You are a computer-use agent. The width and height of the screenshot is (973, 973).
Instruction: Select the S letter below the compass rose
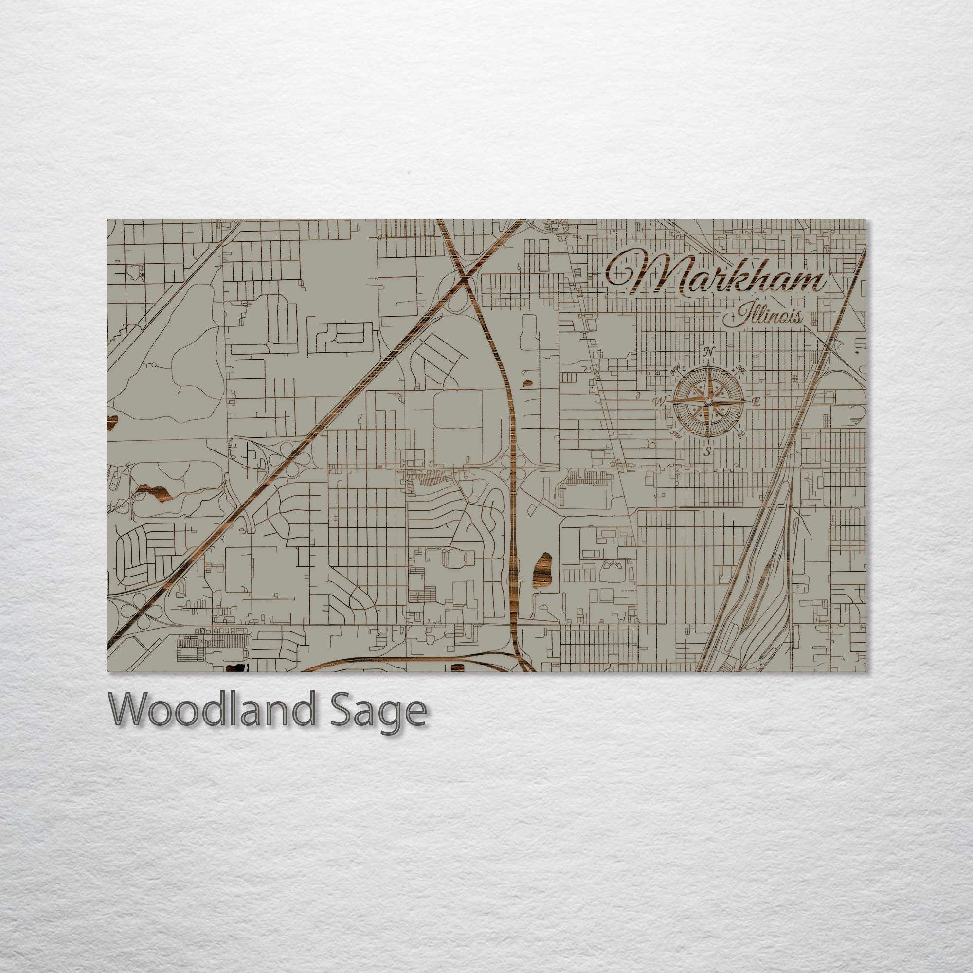pyautogui.click(x=707, y=451)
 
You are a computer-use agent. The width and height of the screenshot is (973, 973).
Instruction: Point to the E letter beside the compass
pyautogui.click(x=756, y=401)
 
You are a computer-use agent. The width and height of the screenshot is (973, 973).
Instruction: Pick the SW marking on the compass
pyautogui.click(x=676, y=433)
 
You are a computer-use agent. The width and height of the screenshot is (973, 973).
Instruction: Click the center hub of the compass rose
pyautogui.click(x=707, y=401)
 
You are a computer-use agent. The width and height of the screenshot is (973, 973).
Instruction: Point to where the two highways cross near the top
pyautogui.click(x=464, y=276)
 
